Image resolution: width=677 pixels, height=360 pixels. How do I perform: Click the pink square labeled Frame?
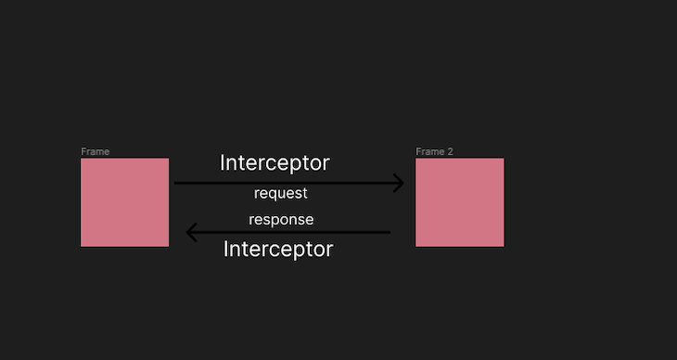click(x=124, y=202)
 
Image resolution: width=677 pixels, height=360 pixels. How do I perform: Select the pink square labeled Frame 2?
click(x=459, y=202)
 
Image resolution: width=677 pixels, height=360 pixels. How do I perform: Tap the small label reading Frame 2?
click(x=434, y=151)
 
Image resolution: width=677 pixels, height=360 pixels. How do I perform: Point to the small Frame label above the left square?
click(x=96, y=151)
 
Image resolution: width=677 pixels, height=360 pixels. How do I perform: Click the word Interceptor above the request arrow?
click(x=275, y=163)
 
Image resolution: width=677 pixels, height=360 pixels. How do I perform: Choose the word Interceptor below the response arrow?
click(x=278, y=250)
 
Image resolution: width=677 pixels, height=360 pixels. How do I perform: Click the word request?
click(x=280, y=194)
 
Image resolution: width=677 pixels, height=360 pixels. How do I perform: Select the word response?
click(x=281, y=220)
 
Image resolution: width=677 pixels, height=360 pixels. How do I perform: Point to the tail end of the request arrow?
click(x=177, y=183)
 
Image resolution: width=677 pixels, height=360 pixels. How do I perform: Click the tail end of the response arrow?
click(x=389, y=232)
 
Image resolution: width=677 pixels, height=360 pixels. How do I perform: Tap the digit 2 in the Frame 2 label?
click(x=450, y=151)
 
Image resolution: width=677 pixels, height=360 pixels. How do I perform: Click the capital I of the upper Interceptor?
click(x=223, y=163)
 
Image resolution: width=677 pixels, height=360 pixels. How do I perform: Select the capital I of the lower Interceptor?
click(x=226, y=250)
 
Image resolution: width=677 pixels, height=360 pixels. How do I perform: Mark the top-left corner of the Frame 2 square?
click(x=416, y=159)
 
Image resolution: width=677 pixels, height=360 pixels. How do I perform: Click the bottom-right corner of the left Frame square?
click(x=168, y=246)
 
